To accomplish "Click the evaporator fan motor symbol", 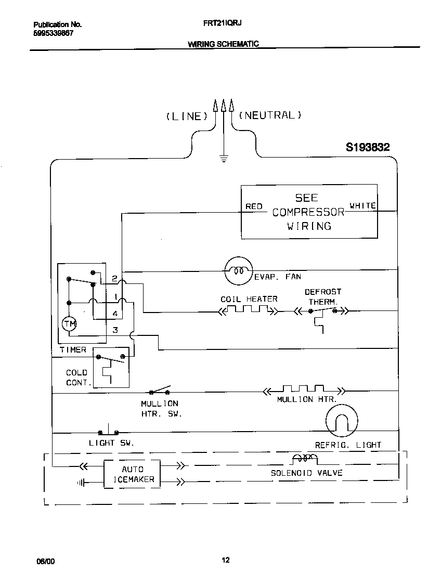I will click(x=238, y=270).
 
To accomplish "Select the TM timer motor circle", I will click(x=69, y=324).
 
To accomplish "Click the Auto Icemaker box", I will click(x=132, y=474).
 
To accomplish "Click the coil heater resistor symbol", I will click(x=248, y=311).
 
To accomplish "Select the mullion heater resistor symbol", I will click(x=304, y=390).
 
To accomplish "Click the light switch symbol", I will click(x=108, y=431).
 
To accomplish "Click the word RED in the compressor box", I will click(x=254, y=206).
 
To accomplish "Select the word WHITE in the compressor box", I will click(x=362, y=206).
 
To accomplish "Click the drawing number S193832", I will click(x=368, y=148).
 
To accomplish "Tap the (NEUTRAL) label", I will click(x=270, y=115).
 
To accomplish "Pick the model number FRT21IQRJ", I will click(x=222, y=23).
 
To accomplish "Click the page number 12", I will click(x=225, y=560).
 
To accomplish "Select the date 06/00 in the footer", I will click(x=45, y=561).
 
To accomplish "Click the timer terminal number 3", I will click(x=115, y=330).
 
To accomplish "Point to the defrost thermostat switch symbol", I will click(x=322, y=312).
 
